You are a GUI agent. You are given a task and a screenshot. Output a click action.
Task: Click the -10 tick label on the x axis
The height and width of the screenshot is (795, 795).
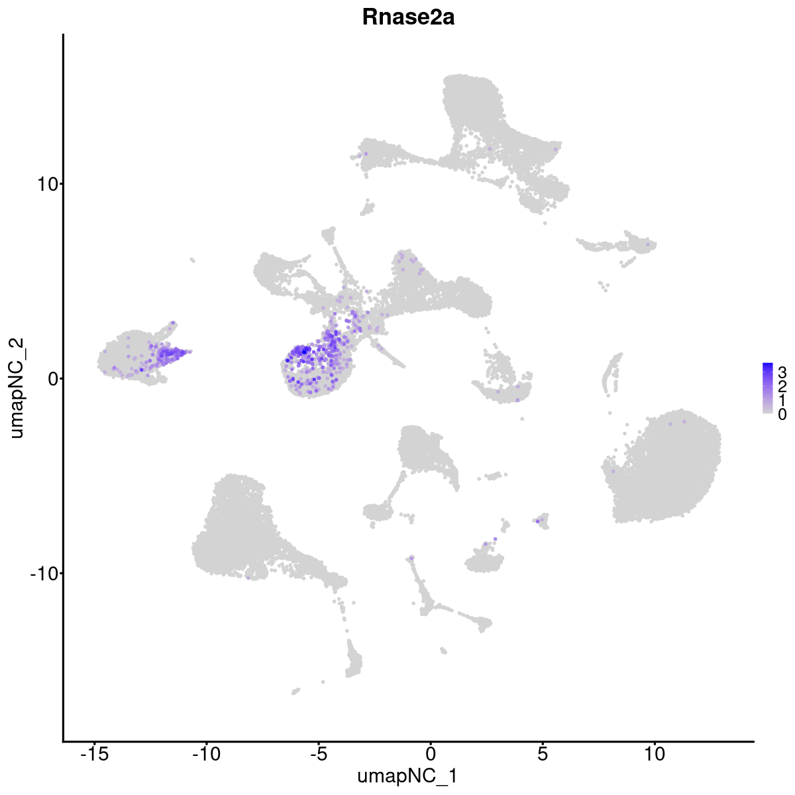[206, 753]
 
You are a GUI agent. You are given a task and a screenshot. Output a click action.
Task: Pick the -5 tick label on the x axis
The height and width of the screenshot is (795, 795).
[318, 753]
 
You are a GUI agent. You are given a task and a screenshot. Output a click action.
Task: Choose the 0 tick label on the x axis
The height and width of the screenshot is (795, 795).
[431, 753]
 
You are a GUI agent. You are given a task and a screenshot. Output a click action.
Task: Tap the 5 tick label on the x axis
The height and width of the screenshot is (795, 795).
[543, 753]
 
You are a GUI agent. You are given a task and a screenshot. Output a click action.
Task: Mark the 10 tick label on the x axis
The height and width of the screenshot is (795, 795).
[655, 753]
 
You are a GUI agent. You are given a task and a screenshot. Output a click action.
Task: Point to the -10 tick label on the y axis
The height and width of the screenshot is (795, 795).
[44, 573]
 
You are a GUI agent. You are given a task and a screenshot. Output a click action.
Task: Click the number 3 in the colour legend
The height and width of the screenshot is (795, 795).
[782, 370]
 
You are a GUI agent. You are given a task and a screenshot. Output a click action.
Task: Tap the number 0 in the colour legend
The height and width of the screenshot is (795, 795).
[782, 414]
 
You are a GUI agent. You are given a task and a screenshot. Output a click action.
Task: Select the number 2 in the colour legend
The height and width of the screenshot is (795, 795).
[782, 385]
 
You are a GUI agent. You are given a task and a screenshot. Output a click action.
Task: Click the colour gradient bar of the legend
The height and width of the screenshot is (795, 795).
[767, 388]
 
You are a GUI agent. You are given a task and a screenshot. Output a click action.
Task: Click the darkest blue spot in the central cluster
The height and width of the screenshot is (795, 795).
[304, 350]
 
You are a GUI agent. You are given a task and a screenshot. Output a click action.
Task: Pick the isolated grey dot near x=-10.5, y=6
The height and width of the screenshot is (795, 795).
[192, 260]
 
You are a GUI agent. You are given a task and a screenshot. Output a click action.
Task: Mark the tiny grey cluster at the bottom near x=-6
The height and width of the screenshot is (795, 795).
[295, 691]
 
